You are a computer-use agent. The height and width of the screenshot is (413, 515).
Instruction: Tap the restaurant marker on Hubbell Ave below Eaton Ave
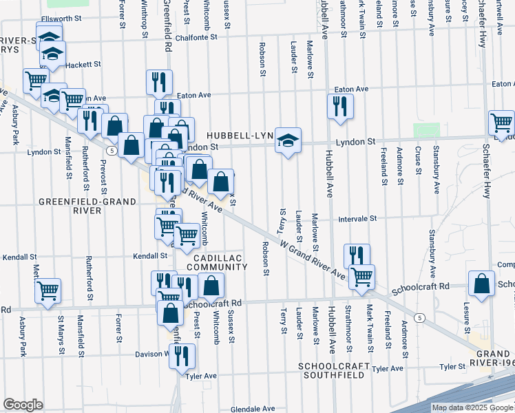click(340, 107)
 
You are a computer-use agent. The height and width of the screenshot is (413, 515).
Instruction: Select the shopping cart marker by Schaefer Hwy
click(502, 123)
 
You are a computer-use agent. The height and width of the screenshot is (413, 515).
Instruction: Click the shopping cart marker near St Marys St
click(48, 290)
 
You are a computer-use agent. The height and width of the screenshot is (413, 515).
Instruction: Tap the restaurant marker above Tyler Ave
click(182, 356)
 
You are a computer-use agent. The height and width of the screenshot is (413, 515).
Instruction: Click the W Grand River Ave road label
click(313, 258)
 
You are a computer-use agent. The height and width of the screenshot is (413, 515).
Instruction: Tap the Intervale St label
click(357, 218)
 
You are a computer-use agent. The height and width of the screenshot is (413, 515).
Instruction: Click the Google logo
click(23, 405)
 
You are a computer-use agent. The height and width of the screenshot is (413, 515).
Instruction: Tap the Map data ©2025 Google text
click(472, 407)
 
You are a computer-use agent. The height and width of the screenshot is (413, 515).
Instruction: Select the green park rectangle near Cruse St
click(425, 129)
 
